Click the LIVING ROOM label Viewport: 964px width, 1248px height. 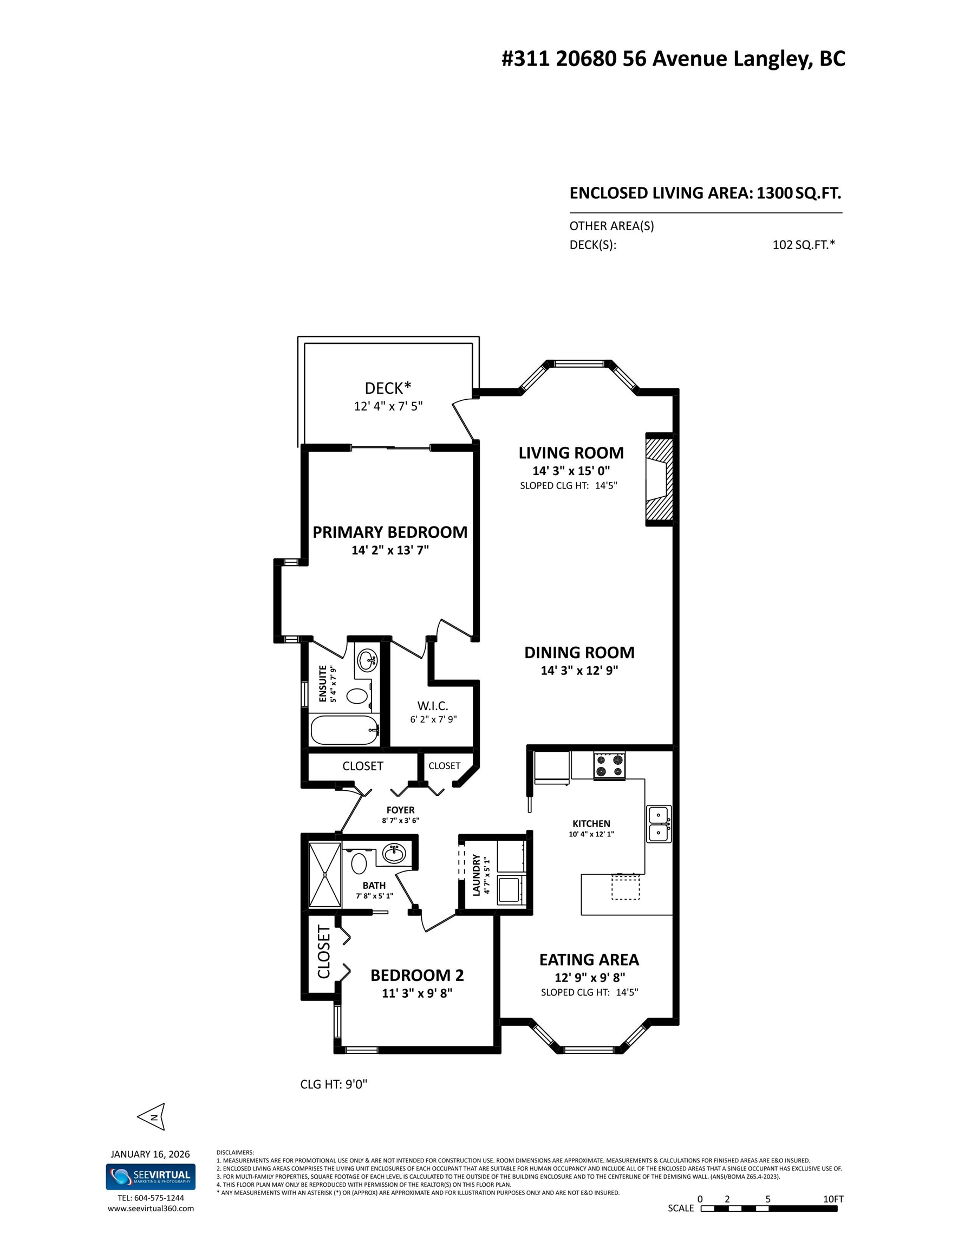pyautogui.click(x=570, y=453)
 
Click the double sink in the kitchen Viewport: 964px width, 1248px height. pyautogui.click(x=659, y=824)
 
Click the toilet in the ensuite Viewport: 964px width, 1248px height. pyautogui.click(x=358, y=696)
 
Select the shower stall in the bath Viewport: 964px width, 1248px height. pyautogui.click(x=324, y=874)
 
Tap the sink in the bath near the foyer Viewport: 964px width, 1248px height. pyautogui.click(x=394, y=854)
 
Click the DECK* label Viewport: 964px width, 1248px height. pyautogui.click(x=387, y=388)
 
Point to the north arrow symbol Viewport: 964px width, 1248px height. pyautogui.click(x=153, y=1116)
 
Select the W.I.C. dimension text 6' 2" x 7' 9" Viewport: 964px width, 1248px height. pyautogui.click(x=433, y=719)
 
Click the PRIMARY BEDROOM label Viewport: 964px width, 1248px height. pyautogui.click(x=390, y=532)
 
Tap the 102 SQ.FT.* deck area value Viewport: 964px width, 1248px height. pyautogui.click(x=803, y=245)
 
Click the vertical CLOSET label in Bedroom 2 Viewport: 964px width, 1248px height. pyautogui.click(x=323, y=952)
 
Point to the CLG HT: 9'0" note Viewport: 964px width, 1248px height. pyautogui.click(x=334, y=1084)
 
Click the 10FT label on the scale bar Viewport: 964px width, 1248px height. pyautogui.click(x=832, y=1199)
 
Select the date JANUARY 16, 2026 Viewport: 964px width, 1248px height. pyautogui.click(x=150, y=1154)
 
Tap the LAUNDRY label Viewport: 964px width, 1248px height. pyautogui.click(x=476, y=875)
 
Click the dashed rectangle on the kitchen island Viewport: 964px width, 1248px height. pyautogui.click(x=625, y=887)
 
